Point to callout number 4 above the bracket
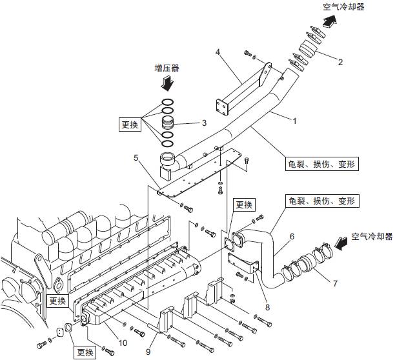218,51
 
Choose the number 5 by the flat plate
136,157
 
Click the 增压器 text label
167,67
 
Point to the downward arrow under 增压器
167,84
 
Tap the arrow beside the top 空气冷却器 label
330,20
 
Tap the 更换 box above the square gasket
244,206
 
